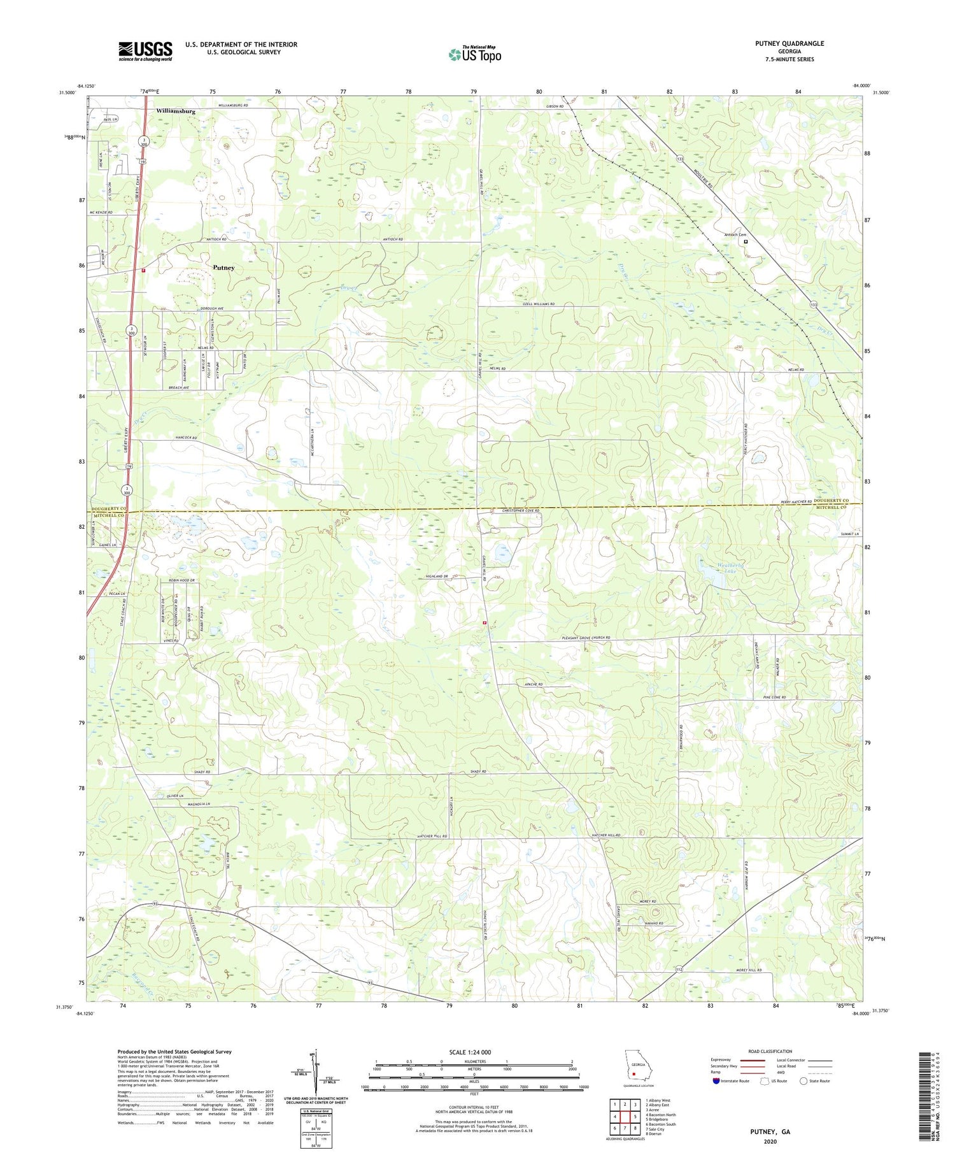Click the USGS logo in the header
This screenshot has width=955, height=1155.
click(145, 51)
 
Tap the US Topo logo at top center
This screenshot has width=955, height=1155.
click(474, 54)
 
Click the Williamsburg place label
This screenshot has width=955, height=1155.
click(175, 111)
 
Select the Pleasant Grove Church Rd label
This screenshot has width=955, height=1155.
click(576, 637)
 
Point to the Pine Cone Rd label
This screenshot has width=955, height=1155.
click(774, 698)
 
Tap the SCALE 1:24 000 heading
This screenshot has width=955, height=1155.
click(474, 1052)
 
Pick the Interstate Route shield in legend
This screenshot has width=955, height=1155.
click(718, 1081)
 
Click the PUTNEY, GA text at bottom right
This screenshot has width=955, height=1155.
click(768, 1131)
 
